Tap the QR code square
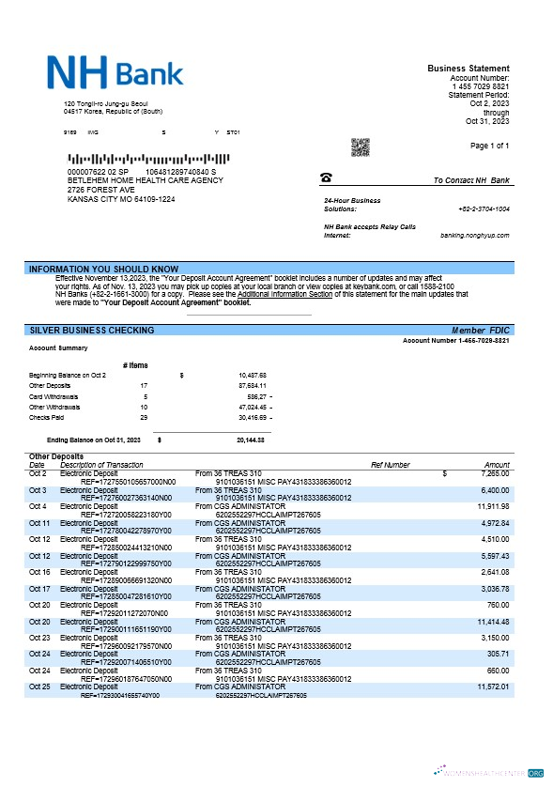coord(360,147)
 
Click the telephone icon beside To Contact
coord(326,177)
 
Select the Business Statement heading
coord(469,69)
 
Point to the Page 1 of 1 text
coord(488,146)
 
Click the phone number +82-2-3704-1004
coord(484,208)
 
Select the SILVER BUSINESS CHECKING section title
coord(92,331)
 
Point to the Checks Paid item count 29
coord(142,418)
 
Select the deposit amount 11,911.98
coord(492,506)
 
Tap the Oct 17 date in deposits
coord(38,589)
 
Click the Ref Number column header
coord(390,465)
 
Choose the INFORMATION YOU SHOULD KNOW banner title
coord(103,270)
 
